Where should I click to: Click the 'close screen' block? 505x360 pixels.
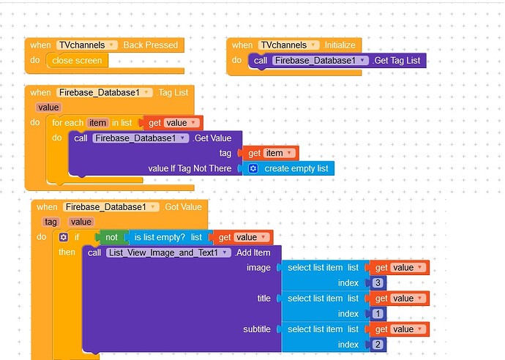78,60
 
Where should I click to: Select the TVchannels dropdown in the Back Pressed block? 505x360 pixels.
86,45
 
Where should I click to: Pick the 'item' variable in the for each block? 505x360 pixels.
97,122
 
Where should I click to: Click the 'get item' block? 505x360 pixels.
271,153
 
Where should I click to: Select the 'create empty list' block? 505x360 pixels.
296,168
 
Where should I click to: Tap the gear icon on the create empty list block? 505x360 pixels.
253,168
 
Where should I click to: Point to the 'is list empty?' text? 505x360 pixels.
160,237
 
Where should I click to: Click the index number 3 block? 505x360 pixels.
375,282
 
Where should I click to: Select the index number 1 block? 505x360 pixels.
375,313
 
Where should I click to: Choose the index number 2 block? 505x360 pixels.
375,344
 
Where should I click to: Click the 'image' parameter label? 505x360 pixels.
258,268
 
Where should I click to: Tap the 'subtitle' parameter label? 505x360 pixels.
256,329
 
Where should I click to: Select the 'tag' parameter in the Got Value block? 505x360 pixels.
50,222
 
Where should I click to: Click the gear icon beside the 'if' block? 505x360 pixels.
63,237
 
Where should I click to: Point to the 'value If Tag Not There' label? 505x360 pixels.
190,168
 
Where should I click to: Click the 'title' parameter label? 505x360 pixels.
263,299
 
